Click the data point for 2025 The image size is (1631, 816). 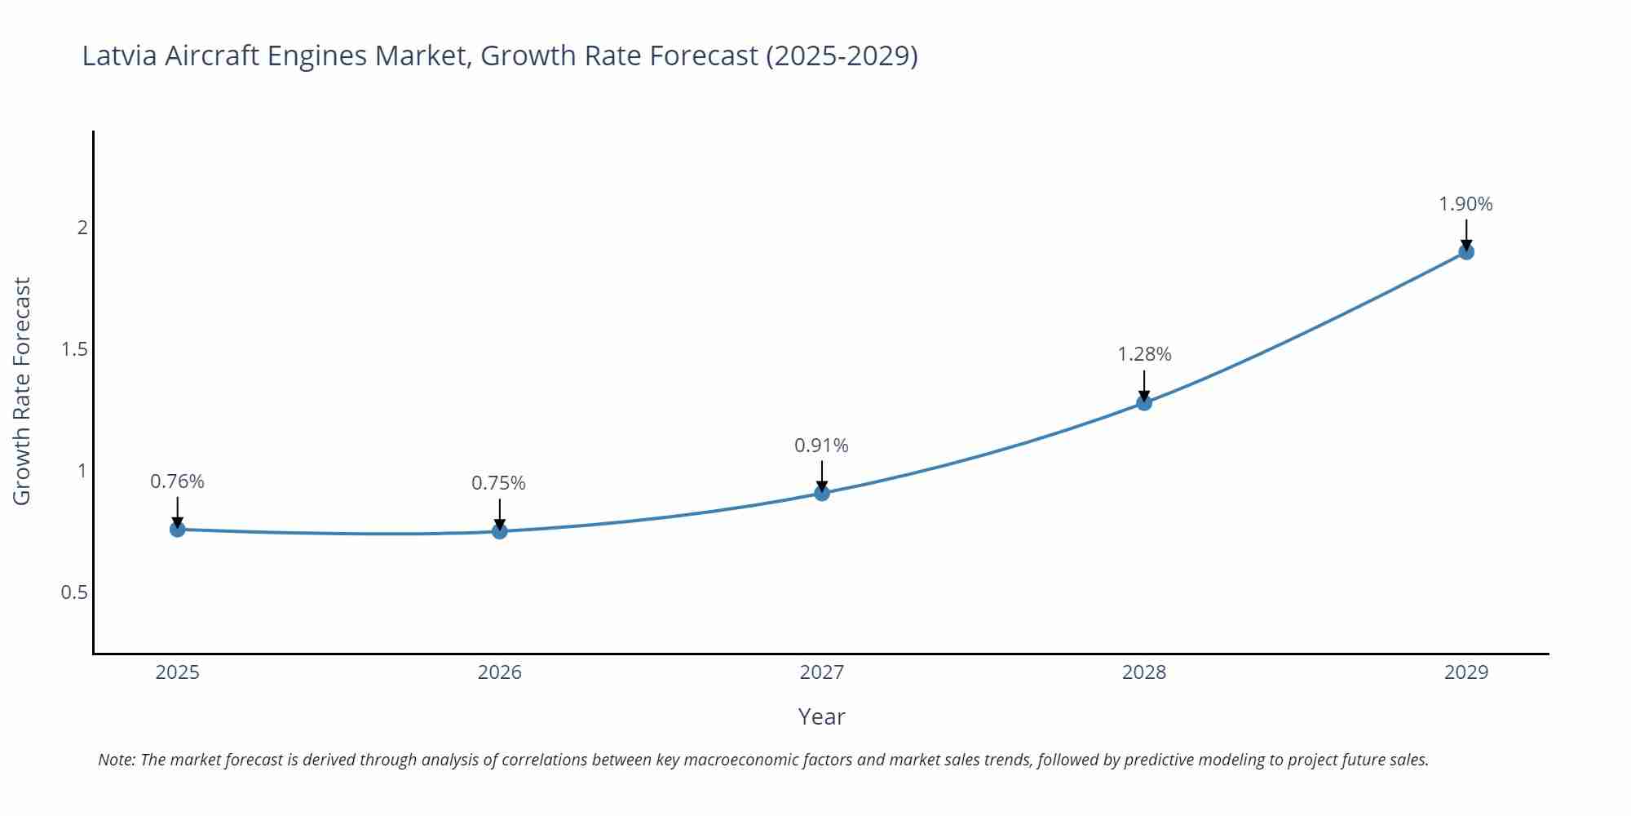(x=177, y=530)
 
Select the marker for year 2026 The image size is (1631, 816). (x=500, y=531)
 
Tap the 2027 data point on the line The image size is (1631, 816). (x=822, y=493)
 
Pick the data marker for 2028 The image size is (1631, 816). (x=1144, y=402)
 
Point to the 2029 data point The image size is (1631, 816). (x=1466, y=252)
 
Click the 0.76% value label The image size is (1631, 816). (x=177, y=481)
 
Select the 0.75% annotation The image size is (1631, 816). (x=499, y=483)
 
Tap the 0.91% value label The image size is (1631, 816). (x=821, y=446)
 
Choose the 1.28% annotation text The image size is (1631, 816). (x=1144, y=354)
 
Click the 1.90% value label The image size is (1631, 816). (x=1465, y=204)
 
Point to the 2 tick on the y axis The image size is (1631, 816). (x=82, y=228)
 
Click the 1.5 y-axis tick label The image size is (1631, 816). (x=74, y=349)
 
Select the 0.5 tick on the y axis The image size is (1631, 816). (x=74, y=592)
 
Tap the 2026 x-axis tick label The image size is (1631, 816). (x=500, y=672)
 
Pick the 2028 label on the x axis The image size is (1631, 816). (x=1144, y=672)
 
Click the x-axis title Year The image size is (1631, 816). (x=821, y=716)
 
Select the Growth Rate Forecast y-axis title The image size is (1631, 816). (x=22, y=391)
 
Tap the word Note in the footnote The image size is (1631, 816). (x=116, y=760)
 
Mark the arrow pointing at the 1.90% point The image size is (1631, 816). (x=1466, y=233)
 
